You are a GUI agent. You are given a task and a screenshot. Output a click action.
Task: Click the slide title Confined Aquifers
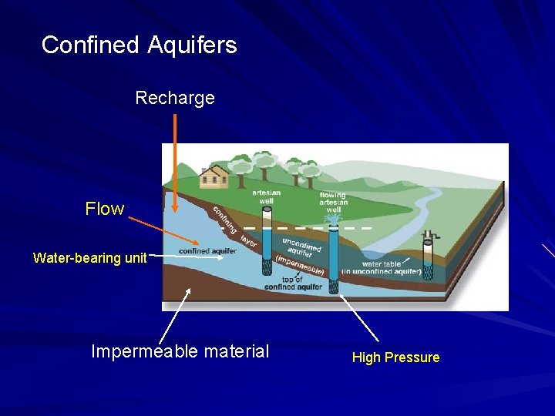[140, 45]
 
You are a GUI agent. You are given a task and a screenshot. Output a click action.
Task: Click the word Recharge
[175, 99]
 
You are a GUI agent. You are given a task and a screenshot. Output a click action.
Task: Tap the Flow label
[105, 209]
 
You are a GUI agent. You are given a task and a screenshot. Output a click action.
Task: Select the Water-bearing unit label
[89, 258]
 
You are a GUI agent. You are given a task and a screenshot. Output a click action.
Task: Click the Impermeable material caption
[180, 352]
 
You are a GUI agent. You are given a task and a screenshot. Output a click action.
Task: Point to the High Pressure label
[395, 357]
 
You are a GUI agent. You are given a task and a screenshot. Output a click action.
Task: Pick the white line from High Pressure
[358, 317]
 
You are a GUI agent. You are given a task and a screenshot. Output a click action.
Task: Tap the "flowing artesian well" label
[333, 202]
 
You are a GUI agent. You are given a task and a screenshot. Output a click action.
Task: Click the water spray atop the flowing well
[333, 220]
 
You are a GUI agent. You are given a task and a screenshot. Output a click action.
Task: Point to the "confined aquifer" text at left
[207, 251]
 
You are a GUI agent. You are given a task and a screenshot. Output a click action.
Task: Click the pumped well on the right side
[427, 260]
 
